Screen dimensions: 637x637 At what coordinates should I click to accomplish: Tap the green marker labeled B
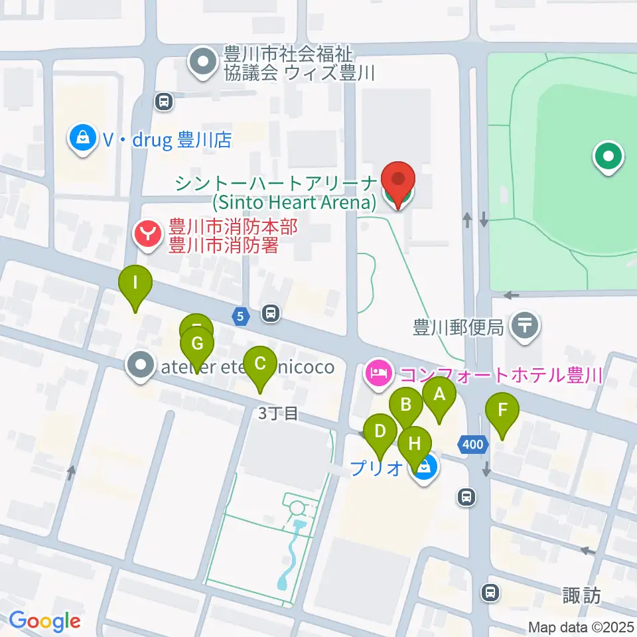(406, 405)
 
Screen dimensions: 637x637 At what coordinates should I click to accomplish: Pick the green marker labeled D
(380, 433)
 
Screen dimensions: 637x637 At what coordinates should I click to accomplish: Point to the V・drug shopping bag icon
(83, 138)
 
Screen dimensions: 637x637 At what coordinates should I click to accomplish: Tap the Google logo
(44, 621)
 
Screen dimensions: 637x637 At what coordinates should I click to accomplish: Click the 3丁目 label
(277, 414)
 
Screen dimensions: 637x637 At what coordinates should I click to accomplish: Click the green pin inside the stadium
(608, 158)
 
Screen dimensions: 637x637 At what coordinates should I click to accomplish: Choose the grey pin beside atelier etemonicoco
(141, 366)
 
